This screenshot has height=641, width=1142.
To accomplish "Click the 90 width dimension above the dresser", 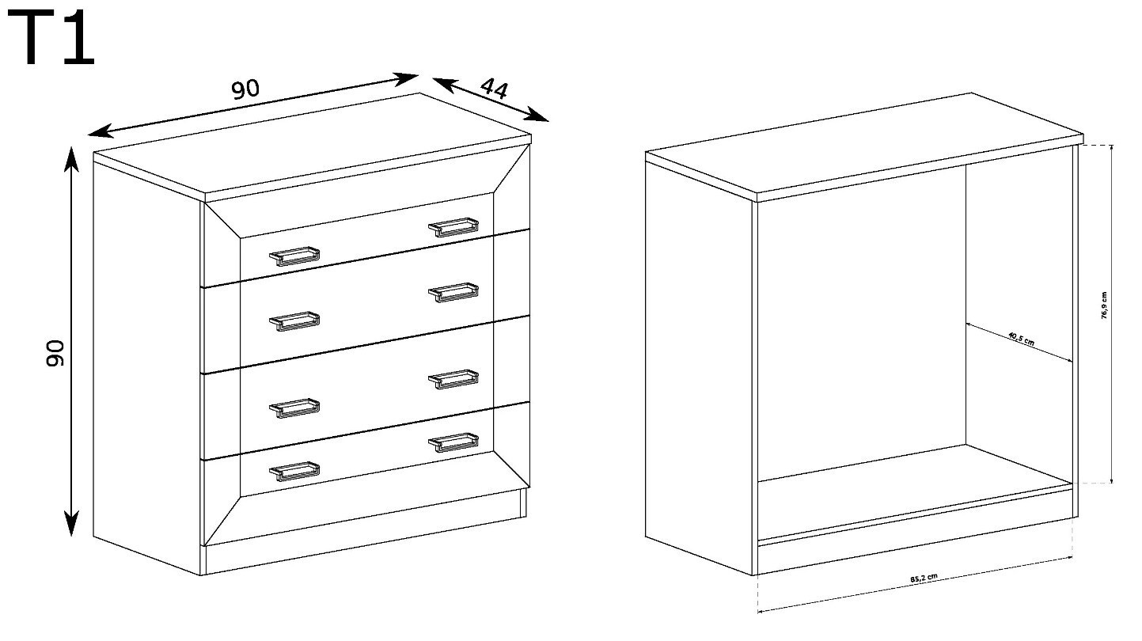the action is tap(246, 89).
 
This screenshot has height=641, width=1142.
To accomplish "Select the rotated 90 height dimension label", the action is tap(55, 353).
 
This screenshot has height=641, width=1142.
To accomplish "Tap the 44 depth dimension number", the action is tap(494, 88).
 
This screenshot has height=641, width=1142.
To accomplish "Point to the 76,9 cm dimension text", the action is tap(1104, 305).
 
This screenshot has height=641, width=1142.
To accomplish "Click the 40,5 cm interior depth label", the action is tap(1021, 339).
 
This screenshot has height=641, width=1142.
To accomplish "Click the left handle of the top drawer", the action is tap(294, 256).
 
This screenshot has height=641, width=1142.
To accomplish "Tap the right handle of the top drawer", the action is tap(453, 227).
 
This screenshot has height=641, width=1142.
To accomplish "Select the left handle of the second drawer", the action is tap(294, 321).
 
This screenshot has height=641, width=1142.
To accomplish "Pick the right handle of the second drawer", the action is tap(453, 293).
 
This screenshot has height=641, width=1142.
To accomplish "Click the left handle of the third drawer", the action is tap(294, 408).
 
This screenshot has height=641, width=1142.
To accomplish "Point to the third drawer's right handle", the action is tap(453, 380).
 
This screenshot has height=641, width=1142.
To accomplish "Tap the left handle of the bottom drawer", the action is tap(294, 472).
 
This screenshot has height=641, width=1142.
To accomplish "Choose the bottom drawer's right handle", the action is tap(453, 442).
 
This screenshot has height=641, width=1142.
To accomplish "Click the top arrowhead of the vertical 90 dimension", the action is tap(71, 158).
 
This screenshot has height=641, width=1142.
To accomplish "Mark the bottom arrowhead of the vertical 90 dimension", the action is tap(71, 523).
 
